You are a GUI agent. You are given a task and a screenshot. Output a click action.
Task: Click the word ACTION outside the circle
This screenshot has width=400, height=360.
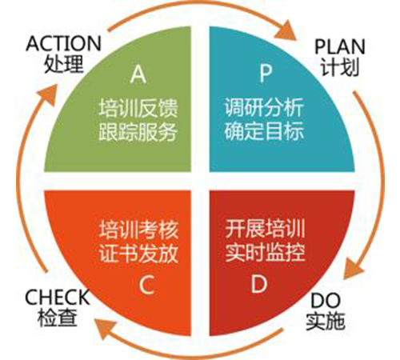(63, 43)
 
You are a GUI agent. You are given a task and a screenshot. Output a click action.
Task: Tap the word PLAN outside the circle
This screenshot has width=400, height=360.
(340, 46)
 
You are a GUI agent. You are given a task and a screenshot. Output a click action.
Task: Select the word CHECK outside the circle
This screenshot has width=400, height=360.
(57, 298)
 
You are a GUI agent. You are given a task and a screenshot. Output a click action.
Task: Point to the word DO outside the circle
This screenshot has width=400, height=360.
(326, 301)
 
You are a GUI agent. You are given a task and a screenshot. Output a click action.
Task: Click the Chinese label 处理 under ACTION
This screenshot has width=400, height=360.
(64, 63)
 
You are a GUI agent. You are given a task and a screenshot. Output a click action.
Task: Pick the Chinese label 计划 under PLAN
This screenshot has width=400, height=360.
(340, 66)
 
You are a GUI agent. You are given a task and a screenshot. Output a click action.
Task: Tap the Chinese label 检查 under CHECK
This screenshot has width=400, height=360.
(58, 318)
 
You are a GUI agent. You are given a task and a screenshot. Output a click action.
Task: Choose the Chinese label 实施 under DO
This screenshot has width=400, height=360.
(326, 321)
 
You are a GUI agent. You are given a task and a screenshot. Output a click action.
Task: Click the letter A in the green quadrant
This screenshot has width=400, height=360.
(138, 74)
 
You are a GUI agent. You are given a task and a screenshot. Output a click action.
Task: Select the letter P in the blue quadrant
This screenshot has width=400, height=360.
(266, 73)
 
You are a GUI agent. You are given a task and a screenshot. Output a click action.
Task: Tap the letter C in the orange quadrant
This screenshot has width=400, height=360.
(146, 285)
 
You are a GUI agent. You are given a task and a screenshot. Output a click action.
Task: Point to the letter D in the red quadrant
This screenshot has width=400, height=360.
(259, 284)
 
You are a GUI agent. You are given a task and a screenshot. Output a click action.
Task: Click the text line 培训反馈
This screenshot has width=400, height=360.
(138, 108)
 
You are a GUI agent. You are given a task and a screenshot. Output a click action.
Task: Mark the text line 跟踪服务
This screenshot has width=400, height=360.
(138, 131)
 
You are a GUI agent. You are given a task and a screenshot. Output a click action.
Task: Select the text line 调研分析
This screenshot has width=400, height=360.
(264, 107)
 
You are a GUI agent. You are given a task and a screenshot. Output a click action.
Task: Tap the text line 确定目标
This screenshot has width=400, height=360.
(264, 130)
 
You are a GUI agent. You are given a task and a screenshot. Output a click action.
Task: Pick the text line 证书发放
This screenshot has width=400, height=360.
(138, 253)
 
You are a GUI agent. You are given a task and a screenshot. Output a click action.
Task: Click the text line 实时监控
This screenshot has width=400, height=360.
(265, 251)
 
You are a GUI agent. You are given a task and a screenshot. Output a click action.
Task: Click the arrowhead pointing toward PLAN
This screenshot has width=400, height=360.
(286, 30)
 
